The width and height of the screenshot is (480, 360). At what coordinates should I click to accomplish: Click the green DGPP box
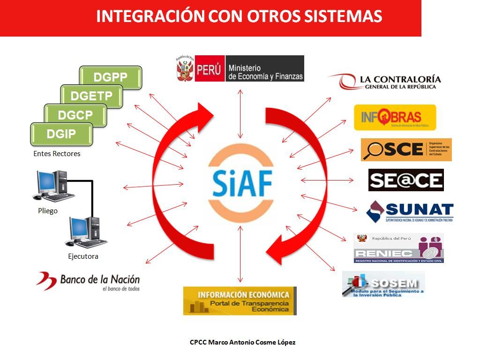coord(111,78)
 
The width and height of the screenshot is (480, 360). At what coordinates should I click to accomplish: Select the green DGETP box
coord(91,97)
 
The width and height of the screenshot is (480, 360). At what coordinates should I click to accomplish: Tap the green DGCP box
coord(75,115)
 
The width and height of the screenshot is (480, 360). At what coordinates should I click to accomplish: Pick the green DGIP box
coord(61,135)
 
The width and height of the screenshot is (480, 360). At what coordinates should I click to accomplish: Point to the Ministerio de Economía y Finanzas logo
coord(240,68)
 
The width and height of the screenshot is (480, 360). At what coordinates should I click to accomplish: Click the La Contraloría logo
coord(390,82)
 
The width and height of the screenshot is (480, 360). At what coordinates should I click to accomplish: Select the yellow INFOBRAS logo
coord(395,117)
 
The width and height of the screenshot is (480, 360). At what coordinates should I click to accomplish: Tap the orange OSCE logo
coord(406,150)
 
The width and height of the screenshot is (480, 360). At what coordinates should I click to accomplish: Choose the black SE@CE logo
coord(406,180)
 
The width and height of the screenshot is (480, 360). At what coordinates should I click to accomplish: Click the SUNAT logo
coord(410,212)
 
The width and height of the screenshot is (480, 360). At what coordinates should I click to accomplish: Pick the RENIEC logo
coord(398,248)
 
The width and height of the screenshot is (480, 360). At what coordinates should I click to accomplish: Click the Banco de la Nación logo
coord(88,282)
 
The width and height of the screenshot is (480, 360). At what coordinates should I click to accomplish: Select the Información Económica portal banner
coord(240,300)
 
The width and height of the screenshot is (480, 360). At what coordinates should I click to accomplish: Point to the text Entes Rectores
coord(57,154)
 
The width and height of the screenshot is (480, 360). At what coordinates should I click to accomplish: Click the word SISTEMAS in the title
coord(342,16)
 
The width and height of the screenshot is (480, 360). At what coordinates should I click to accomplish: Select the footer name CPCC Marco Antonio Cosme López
coord(242,342)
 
